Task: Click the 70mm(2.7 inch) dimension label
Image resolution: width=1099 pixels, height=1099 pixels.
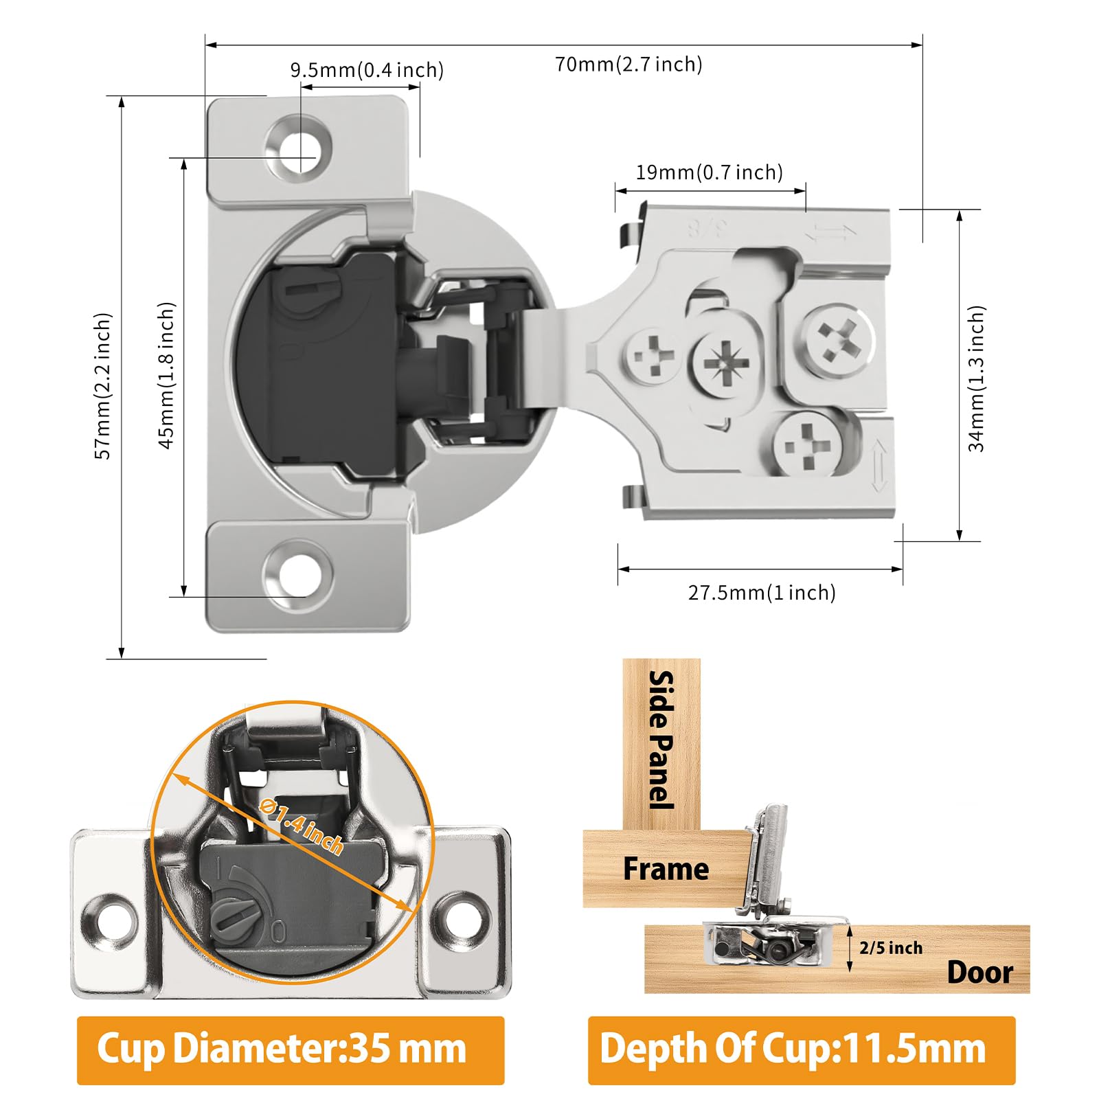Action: (628, 65)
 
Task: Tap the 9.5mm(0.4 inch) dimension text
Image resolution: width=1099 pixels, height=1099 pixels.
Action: (367, 70)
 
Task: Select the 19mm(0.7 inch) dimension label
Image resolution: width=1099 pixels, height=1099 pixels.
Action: (710, 172)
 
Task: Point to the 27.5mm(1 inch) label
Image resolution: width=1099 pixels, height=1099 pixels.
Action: (762, 593)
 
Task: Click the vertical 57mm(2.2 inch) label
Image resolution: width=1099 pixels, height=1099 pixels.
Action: (102, 386)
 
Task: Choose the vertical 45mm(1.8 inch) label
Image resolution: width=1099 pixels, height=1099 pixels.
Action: (167, 376)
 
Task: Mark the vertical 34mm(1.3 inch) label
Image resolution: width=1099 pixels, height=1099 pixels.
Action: (976, 378)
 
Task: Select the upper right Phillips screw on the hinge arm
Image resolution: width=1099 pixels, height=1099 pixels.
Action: (839, 339)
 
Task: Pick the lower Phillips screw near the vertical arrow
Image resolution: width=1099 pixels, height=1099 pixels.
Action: (808, 445)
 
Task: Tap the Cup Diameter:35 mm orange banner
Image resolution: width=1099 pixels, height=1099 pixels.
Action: (291, 1050)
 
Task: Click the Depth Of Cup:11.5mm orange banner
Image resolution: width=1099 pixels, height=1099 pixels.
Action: (802, 1050)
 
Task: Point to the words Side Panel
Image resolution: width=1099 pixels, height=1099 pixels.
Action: (661, 740)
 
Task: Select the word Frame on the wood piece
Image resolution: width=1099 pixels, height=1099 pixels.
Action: (666, 869)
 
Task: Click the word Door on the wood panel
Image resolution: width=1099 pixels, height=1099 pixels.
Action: (980, 973)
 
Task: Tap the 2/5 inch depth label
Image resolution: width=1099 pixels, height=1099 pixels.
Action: (891, 948)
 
